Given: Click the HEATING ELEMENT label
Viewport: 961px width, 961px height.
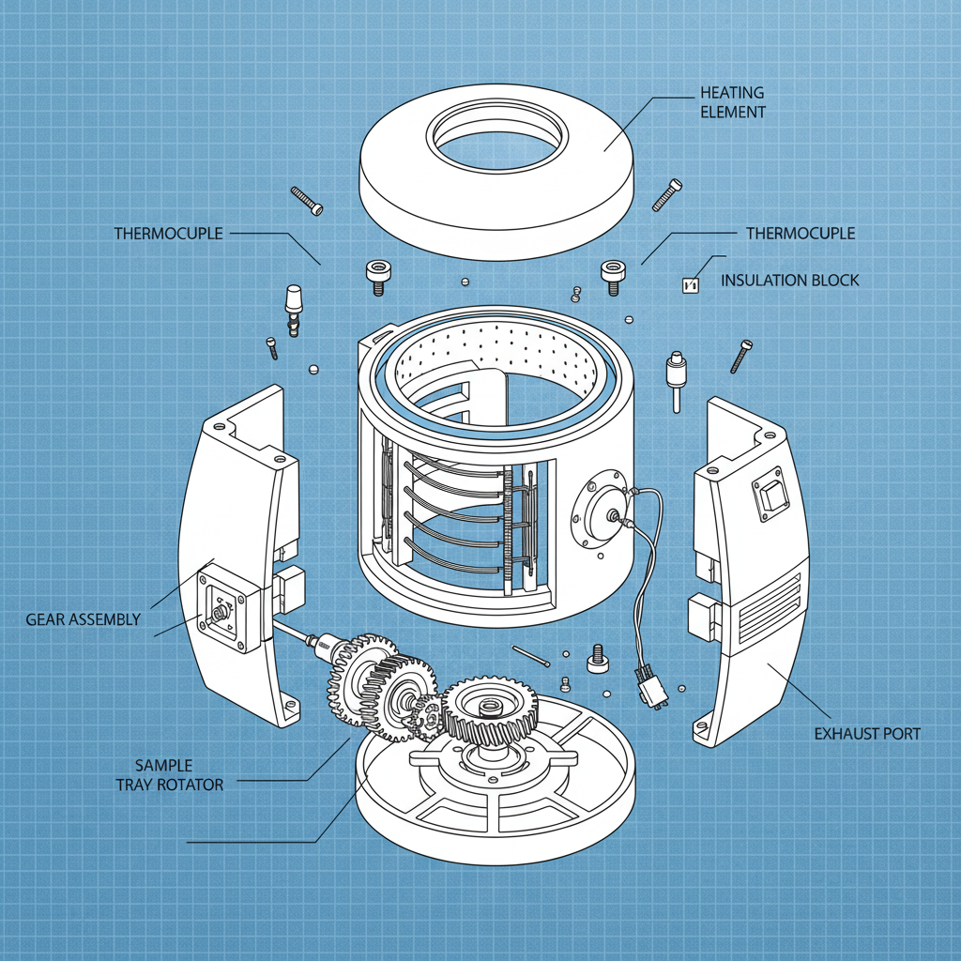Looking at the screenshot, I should tap(733, 102).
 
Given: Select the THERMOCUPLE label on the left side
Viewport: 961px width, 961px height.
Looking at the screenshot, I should tap(169, 233).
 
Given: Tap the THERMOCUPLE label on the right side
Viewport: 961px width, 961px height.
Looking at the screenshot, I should tap(800, 233).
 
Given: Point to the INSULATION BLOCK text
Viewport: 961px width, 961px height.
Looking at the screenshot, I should tap(789, 281).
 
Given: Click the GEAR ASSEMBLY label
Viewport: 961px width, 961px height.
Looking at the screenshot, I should tap(84, 619).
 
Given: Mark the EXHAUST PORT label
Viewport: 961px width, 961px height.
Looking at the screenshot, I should tap(867, 733).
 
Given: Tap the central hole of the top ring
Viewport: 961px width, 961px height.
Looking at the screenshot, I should tap(498, 141).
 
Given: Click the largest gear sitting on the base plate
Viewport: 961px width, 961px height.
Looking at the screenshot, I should tap(487, 711).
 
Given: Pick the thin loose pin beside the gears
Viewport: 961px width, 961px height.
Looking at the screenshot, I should tap(531, 657).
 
